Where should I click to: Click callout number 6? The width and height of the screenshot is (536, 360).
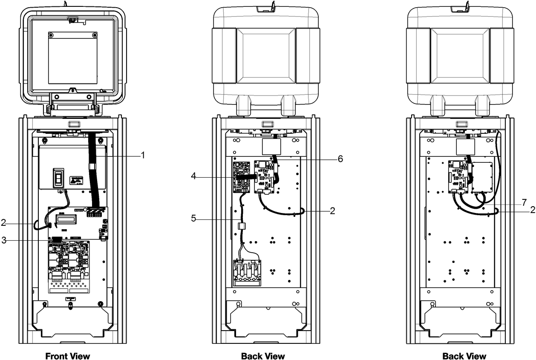click(340, 158)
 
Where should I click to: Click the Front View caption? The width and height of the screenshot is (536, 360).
click(68, 356)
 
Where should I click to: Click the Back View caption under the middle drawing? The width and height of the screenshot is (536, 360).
click(263, 356)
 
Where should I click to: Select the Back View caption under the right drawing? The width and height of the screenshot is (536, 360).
click(464, 356)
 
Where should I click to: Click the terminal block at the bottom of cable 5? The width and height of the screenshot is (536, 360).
click(247, 273)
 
